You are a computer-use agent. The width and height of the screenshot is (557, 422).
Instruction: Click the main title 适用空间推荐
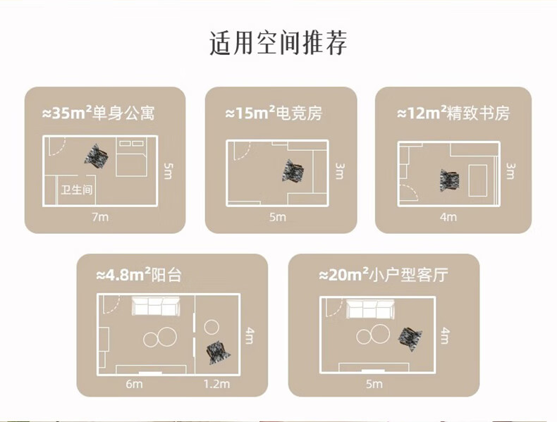coord(278,43)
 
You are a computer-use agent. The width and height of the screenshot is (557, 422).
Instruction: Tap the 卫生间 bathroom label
coord(76,190)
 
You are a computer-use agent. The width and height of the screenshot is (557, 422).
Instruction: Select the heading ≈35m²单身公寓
coord(99,113)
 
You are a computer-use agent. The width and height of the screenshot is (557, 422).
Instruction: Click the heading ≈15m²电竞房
coord(274,113)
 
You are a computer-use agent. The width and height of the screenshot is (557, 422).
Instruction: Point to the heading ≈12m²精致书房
coord(453,113)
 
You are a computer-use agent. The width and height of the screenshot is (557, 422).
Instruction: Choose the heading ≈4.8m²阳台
coord(139,275)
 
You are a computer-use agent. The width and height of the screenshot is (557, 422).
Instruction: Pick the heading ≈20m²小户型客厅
coord(384,275)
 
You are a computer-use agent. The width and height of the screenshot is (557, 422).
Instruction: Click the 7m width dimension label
coord(100,216)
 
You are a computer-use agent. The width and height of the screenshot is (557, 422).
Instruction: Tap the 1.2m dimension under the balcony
coord(216,384)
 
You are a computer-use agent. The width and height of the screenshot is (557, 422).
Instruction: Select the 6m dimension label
coord(134,384)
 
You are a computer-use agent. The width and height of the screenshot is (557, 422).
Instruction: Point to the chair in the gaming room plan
coord(293,171)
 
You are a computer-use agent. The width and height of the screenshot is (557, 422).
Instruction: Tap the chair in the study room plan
coord(449,180)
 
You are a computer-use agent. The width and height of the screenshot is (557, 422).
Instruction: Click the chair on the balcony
coord(218,352)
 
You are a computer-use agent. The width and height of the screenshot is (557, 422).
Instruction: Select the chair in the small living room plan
coord(410,339)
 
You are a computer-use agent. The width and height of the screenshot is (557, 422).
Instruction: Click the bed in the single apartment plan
coord(131,157)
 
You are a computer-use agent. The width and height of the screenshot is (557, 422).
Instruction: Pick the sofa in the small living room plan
coord(370,309)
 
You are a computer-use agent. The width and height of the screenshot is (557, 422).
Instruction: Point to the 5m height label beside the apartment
coord(168,170)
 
